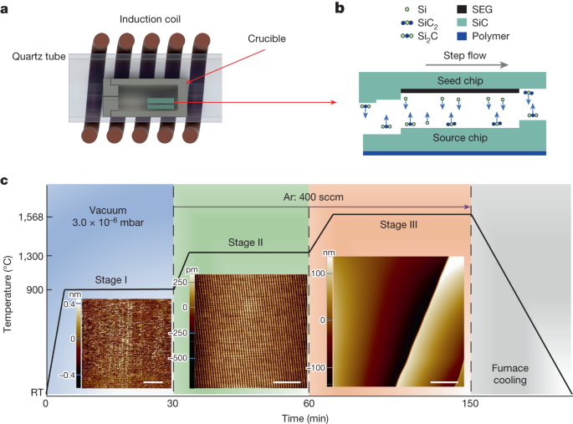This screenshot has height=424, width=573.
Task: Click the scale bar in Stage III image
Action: coord(446,384)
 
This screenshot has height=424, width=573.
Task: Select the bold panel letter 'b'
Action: coord(339,8)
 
